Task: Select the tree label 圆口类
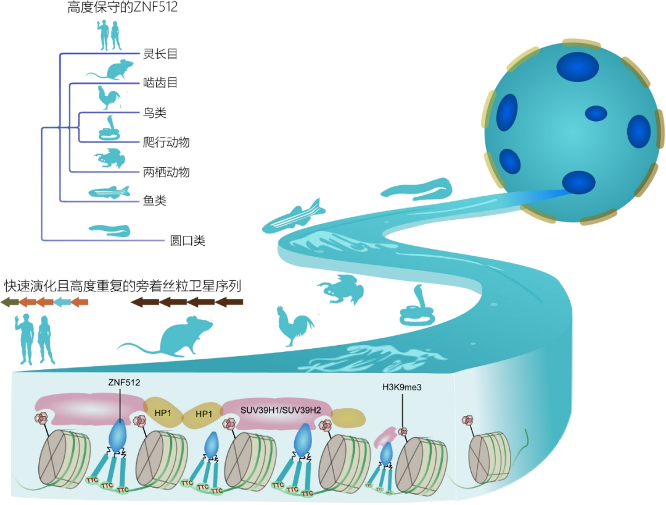coord(187,240)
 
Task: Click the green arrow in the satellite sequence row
coord(9,302)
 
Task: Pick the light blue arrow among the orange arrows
coord(62,302)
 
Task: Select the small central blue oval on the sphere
coord(596,114)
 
